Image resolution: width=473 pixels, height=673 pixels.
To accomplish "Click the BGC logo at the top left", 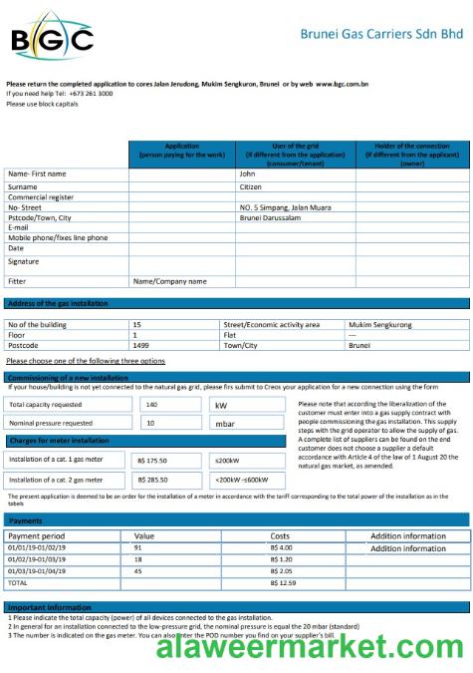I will click(x=52, y=39).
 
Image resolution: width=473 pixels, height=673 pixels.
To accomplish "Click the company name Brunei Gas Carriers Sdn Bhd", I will click(x=381, y=34).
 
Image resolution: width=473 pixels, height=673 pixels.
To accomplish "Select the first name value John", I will click(x=248, y=173).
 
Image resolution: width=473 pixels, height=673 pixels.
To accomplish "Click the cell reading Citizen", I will click(x=251, y=185).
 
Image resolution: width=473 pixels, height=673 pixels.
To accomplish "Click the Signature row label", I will click(x=24, y=261).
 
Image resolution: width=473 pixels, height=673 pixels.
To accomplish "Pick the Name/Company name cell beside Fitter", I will click(x=169, y=281).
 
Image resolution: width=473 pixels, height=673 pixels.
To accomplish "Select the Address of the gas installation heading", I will click(x=58, y=303).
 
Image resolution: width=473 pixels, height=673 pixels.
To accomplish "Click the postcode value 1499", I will click(x=141, y=345).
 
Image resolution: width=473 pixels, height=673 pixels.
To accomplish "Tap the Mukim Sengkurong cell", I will click(x=380, y=324).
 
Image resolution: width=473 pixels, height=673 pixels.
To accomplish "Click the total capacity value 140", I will click(x=151, y=405).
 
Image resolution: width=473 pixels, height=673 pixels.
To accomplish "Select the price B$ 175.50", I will click(x=152, y=461).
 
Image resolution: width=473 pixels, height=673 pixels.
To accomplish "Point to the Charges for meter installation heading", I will click(x=60, y=441).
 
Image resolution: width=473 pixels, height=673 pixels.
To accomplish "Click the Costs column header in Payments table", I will click(x=280, y=536).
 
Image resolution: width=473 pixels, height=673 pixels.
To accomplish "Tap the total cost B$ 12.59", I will click(x=283, y=582).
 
